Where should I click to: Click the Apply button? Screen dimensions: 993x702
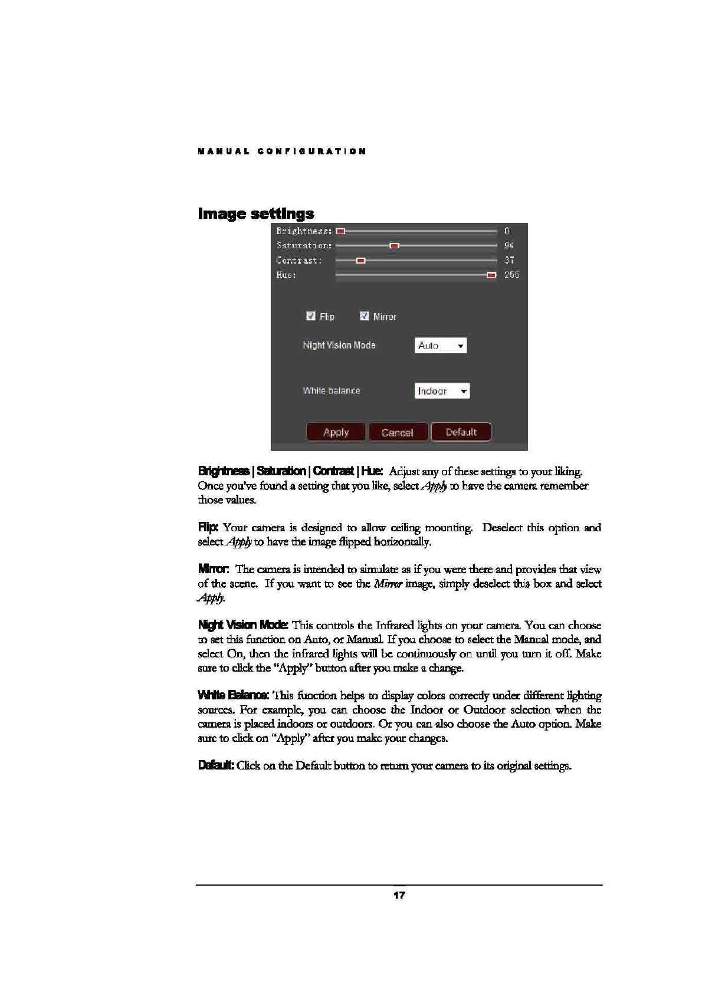[336, 432]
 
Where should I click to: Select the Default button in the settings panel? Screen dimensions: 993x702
[461, 432]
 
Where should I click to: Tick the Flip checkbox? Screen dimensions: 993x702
[311, 316]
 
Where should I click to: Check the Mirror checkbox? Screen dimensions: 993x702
[365, 316]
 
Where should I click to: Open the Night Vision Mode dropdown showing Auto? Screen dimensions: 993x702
[441, 346]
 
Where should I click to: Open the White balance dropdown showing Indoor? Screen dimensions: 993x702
[442, 391]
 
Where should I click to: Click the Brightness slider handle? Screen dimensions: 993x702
[340, 231]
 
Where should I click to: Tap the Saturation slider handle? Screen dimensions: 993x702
[395, 246]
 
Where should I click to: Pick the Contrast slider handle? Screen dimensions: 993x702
[361, 261]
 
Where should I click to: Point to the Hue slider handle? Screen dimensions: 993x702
[491, 275]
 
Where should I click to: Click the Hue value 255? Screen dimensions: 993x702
[511, 275]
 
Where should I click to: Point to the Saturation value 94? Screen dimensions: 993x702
[509, 246]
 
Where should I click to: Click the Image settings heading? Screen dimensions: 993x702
[256, 213]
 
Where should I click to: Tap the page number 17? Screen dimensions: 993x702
[399, 896]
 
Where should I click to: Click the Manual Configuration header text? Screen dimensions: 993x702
[282, 152]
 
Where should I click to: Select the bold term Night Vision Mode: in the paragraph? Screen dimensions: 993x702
[243, 625]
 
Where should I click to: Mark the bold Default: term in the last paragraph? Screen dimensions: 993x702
[216, 766]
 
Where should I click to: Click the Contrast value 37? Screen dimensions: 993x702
[509, 261]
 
